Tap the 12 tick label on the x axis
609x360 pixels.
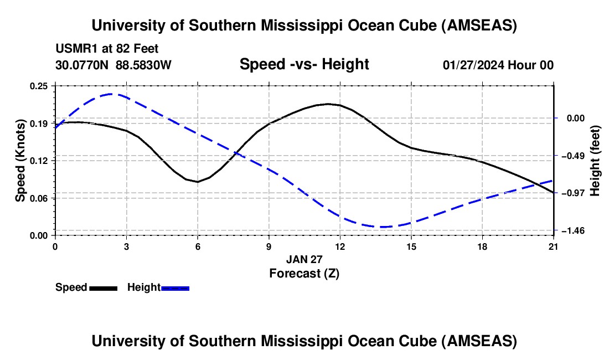[340, 246]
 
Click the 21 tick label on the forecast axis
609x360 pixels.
[553, 246]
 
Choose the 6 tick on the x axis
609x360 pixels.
[198, 246]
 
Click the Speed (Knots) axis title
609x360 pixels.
[20, 161]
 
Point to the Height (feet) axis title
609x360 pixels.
[596, 160]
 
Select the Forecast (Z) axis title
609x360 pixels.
[304, 273]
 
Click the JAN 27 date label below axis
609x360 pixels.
[304, 259]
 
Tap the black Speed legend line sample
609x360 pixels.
[103, 288]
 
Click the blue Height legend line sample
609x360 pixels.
[175, 288]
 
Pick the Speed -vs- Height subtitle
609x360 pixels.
[304, 64]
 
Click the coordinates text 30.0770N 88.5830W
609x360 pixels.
[113, 65]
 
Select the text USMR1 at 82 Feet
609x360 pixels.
[107, 49]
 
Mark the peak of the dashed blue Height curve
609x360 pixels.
[112, 94]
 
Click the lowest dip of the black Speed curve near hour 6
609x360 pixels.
[198, 182]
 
